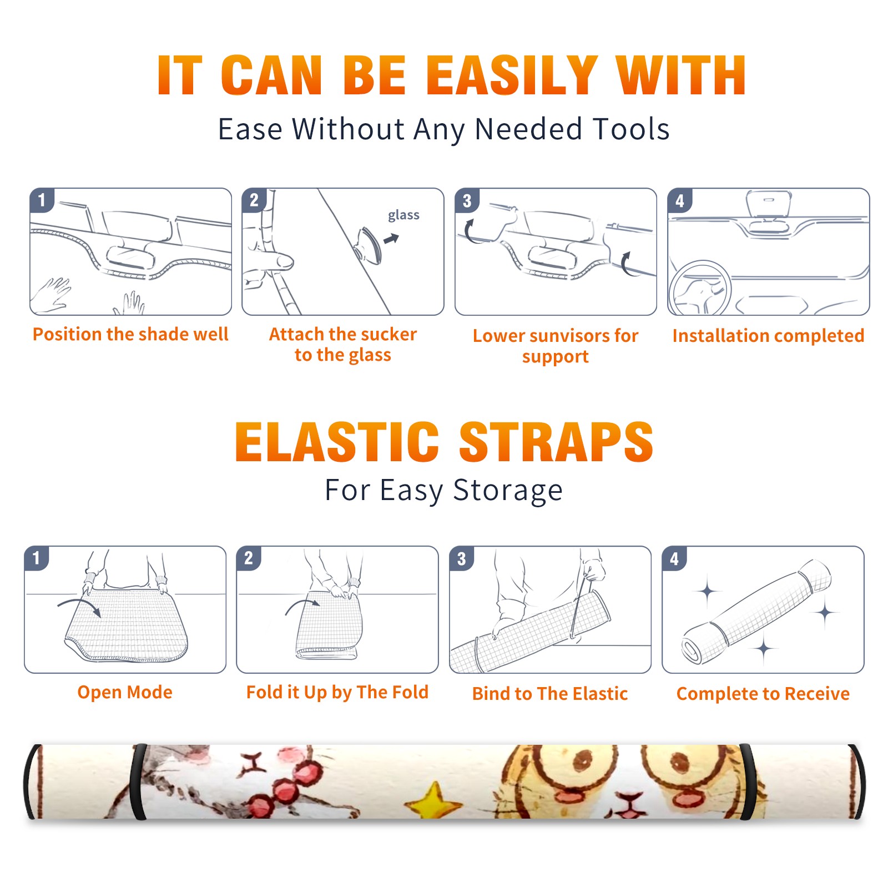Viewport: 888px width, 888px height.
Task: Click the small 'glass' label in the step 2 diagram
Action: point(403,215)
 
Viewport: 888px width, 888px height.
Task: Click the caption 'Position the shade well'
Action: point(130,334)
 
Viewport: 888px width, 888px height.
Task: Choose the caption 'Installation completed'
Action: point(768,336)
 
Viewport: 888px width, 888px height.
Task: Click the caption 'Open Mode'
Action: point(125,692)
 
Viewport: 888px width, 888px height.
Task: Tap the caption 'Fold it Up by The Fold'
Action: point(337,692)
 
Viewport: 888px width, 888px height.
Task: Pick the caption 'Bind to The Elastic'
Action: point(550,694)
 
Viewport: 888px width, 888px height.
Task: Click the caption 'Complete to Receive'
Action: point(763,694)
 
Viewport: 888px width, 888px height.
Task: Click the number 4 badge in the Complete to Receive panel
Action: point(674,558)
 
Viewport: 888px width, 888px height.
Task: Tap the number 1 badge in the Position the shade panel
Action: point(42,200)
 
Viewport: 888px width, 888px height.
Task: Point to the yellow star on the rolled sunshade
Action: point(433,800)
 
